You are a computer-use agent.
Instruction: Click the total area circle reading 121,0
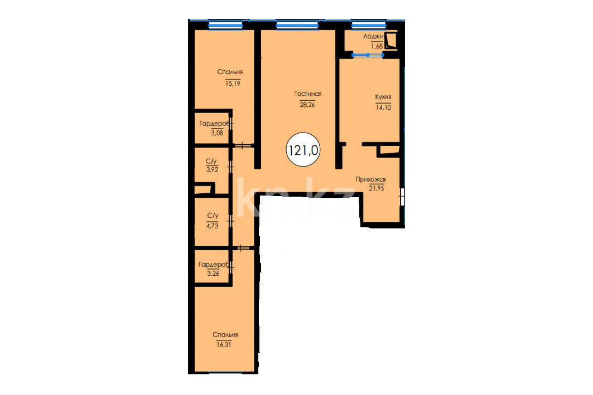[x=303, y=149]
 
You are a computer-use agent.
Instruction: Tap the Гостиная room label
[x=308, y=94]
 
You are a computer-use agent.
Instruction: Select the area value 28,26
[x=307, y=105]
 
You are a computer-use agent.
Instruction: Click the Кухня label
[x=383, y=97]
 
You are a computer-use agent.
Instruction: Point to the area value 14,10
[x=383, y=108]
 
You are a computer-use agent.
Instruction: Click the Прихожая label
[x=370, y=179]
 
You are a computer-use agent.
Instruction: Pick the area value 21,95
[x=377, y=188]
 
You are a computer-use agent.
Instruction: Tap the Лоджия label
[x=374, y=37]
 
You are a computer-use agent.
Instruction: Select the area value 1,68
[x=377, y=46]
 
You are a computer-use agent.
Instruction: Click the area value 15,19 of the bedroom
[x=233, y=84]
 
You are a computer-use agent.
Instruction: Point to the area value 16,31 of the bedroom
[x=224, y=344]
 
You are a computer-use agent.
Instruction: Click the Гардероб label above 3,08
[x=214, y=124]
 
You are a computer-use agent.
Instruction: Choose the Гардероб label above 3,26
[x=214, y=265]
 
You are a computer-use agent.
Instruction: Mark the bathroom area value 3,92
[x=212, y=170]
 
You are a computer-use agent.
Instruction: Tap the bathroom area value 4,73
[x=212, y=226]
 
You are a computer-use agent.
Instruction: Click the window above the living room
[x=297, y=25]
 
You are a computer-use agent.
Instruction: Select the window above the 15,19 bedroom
[x=225, y=25]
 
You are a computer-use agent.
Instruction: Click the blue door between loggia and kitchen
[x=368, y=56]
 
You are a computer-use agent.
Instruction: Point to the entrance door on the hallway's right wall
[x=402, y=197]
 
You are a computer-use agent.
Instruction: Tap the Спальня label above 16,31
[x=225, y=335]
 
